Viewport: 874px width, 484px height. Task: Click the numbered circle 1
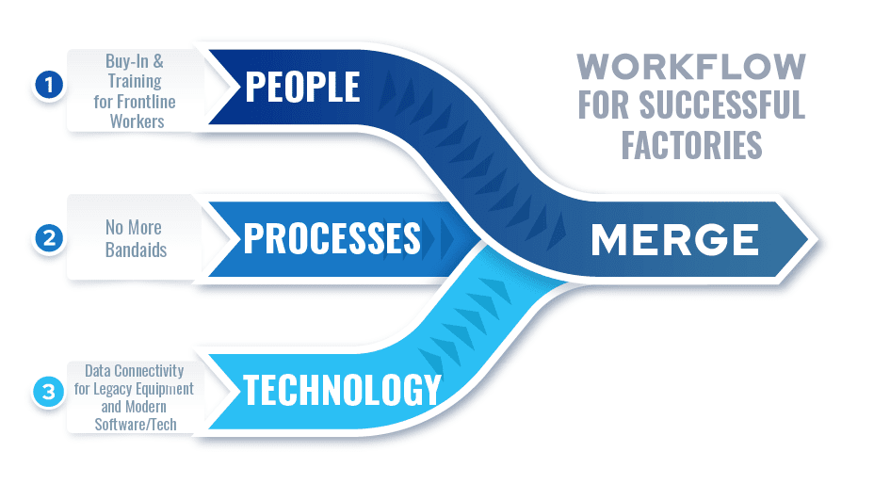[x=48, y=86]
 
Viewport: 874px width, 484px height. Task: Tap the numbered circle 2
[x=48, y=239]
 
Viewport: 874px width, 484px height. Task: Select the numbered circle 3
[x=48, y=392]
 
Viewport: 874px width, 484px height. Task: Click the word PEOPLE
[x=302, y=87]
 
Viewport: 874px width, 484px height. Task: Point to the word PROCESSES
[x=332, y=238]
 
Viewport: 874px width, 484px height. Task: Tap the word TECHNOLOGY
[x=342, y=389]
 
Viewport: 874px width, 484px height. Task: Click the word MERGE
[x=674, y=241]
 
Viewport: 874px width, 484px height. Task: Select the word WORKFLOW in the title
[x=691, y=67]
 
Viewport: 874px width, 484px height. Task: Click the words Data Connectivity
[x=134, y=370]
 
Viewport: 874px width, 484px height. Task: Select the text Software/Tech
[x=134, y=424]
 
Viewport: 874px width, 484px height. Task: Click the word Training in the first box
[x=133, y=82]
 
